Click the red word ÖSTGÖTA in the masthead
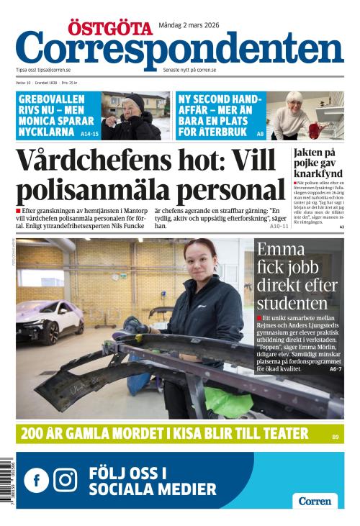pyautogui.click(x=111, y=28)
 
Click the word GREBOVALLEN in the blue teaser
pyautogui.click(x=51, y=99)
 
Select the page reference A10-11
pyautogui.click(x=279, y=226)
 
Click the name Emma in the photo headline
pyautogui.click(x=280, y=250)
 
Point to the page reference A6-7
pyautogui.click(x=335, y=368)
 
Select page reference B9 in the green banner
pyautogui.click(x=336, y=436)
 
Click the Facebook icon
pyautogui.click(x=36, y=480)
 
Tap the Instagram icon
pyautogui.click(x=66, y=480)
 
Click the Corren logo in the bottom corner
pyautogui.click(x=315, y=501)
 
